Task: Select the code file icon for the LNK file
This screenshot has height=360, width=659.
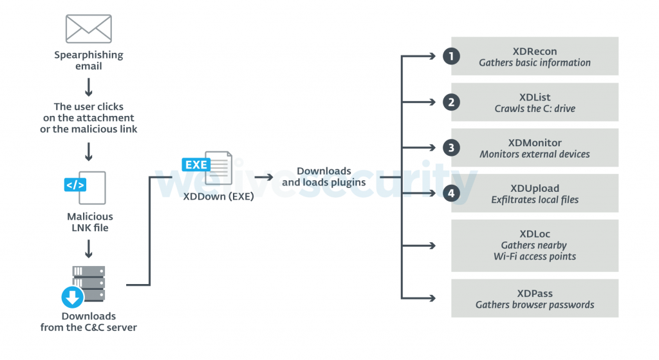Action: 85,187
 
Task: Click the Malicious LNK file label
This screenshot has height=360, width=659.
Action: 89,222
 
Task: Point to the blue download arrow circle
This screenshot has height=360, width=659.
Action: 73,298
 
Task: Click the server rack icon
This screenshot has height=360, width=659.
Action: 89,283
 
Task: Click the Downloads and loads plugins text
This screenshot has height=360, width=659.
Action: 324,176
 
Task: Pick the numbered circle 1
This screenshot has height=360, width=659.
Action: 452,56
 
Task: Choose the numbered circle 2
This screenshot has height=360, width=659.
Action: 452,102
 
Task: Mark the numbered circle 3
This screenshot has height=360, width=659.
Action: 452,147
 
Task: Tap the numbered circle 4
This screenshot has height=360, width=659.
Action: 452,193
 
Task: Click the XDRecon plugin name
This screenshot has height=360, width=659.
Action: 534,52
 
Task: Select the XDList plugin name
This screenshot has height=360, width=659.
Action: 534,97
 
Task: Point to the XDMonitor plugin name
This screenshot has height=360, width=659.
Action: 534,143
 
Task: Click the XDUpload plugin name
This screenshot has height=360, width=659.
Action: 534,189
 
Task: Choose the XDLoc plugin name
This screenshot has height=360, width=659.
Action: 534,234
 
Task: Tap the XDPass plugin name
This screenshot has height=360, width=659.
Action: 534,294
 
